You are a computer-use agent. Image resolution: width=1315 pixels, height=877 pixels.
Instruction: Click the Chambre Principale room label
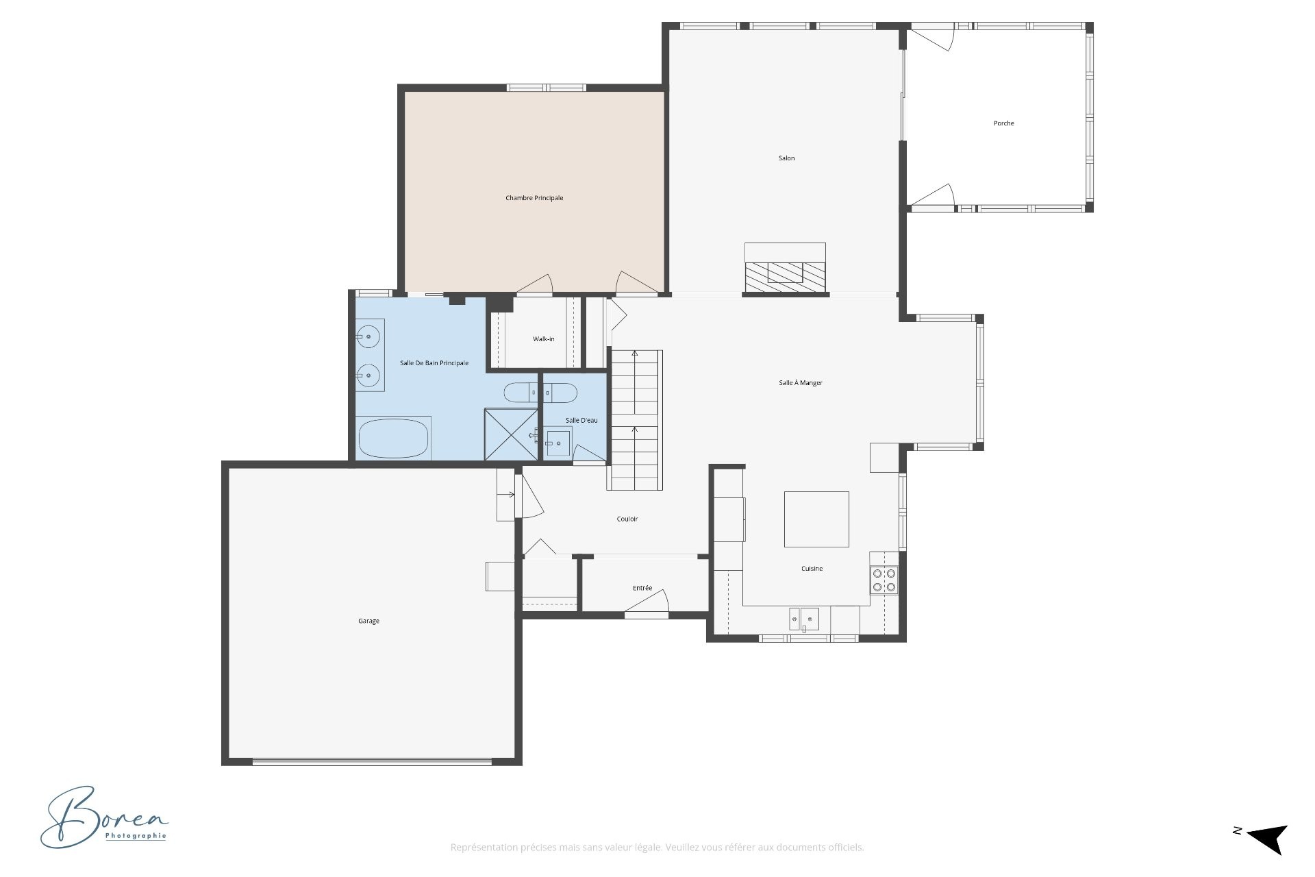534,198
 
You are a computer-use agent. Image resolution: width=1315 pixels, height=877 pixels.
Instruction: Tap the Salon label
786,158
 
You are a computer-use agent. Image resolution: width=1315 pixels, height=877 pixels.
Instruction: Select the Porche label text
1003,123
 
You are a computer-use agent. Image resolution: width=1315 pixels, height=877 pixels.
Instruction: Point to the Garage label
368,621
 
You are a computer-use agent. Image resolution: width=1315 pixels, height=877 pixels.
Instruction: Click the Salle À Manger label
801,383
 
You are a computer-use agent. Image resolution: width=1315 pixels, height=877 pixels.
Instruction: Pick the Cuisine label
812,569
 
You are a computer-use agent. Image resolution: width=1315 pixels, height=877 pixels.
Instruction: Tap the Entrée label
642,588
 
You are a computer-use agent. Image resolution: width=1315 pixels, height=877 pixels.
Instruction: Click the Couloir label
627,519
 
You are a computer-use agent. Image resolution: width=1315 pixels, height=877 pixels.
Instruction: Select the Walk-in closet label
544,339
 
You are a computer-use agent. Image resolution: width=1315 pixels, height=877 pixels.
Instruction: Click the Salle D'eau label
581,420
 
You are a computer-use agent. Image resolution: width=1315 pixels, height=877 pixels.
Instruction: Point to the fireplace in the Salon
786,269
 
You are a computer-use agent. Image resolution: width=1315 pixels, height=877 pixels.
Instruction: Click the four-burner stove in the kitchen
884,580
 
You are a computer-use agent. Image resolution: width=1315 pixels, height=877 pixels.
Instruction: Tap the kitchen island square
816,519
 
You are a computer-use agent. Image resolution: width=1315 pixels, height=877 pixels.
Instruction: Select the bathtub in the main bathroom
394,438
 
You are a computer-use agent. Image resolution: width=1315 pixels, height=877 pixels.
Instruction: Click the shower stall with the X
511,434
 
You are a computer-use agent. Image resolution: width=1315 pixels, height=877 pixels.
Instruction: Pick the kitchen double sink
804,619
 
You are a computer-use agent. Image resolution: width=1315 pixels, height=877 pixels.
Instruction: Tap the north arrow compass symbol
1268,839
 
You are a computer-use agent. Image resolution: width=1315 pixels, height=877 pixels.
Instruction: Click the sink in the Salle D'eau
558,442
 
